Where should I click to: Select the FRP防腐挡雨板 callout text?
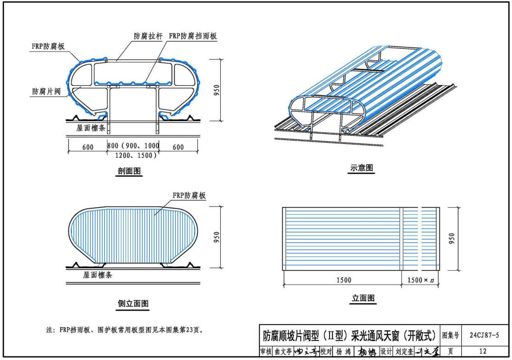193,36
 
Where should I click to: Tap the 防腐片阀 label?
46,91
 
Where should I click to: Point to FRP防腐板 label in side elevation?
189,195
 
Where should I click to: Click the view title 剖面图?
129,172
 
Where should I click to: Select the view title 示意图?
362,168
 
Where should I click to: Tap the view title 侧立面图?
133,303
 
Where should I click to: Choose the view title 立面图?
363,298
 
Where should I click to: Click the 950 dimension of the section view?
217,90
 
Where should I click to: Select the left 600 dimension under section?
88,147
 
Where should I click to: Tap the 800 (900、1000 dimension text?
133,146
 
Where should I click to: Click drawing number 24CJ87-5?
483,335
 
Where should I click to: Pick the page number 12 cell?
483,351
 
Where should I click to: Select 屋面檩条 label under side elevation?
98,275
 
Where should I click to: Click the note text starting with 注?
124,330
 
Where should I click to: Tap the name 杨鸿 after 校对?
343,352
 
